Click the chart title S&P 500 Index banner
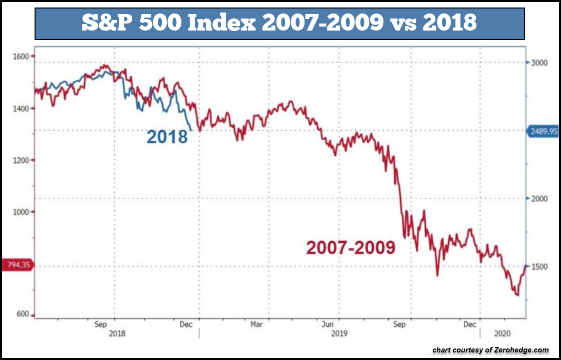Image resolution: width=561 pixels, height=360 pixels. coord(279,23)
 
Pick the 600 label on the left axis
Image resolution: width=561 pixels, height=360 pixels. coord(22,314)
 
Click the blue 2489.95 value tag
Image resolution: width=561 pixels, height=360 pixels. coord(542,131)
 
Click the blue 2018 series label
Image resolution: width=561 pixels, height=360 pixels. coord(167,137)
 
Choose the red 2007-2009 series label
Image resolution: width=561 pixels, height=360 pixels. coord(351,247)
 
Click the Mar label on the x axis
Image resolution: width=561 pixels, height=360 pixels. coord(256,324)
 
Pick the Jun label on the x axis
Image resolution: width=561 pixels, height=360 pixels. coord(328,324)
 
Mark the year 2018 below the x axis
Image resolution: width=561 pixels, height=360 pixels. coord(117,333)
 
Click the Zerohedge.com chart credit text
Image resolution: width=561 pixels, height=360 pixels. coord(490,350)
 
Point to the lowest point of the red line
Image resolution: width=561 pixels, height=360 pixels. coord(517,295)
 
